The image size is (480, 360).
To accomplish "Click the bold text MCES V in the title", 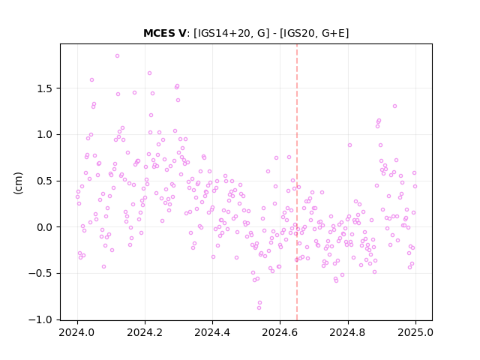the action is pyautogui.click(x=164, y=33).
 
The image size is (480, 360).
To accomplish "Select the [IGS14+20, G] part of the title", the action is pyautogui.click(x=232, y=33).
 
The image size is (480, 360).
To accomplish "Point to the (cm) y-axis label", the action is pyautogui.click(x=18, y=183).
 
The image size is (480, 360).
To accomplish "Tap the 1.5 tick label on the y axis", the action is pyautogui.click(x=45, y=88).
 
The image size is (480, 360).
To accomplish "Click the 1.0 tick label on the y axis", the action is pyautogui.click(x=45, y=135).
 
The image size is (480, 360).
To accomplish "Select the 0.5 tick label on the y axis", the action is pyautogui.click(x=45, y=181).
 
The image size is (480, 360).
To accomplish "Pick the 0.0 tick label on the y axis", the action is pyautogui.click(x=45, y=227).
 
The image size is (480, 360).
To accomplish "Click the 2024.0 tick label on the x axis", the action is pyautogui.click(x=77, y=332).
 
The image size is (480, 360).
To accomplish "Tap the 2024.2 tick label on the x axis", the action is pyautogui.click(x=145, y=332).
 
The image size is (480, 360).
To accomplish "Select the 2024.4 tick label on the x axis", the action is pyautogui.click(x=212, y=332).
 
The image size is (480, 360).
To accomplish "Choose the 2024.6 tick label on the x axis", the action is pyautogui.click(x=280, y=332).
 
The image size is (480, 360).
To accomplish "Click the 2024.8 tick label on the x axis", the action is pyautogui.click(x=348, y=332).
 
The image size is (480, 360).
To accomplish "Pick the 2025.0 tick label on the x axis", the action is pyautogui.click(x=415, y=332).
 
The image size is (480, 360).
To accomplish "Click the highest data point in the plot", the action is pyautogui.click(x=117, y=56).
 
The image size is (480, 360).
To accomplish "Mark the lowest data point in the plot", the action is pyautogui.click(x=259, y=307).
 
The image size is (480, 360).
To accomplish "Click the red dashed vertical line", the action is pyautogui.click(x=297, y=182).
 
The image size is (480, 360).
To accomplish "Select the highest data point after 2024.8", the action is pyautogui.click(x=395, y=106).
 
